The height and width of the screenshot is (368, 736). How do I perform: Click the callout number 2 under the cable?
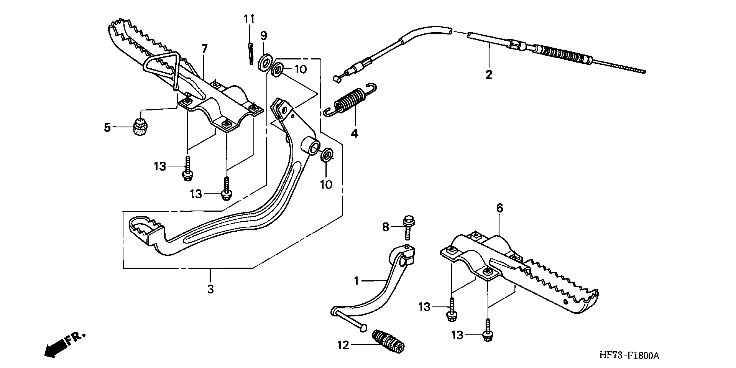[489, 75]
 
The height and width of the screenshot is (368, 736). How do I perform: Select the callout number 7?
[204, 49]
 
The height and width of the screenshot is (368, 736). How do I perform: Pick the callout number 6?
[499, 208]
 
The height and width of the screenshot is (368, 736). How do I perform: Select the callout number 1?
[356, 281]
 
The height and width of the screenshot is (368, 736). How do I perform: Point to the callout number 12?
[343, 345]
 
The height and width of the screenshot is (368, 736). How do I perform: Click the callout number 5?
[107, 127]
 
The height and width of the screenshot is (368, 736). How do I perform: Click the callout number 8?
[386, 227]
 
